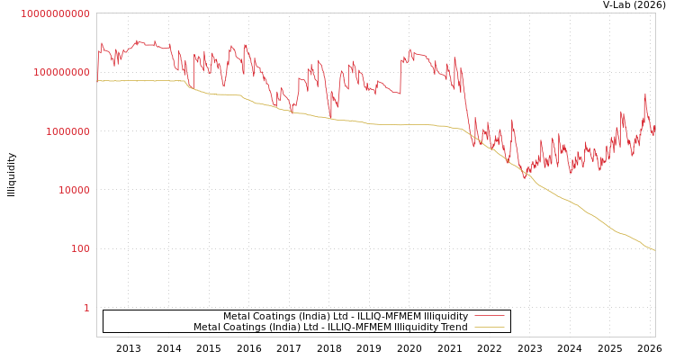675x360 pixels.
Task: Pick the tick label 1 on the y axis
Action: tap(86, 308)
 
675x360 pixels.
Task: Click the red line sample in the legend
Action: tap(489, 317)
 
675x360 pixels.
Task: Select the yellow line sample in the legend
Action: tap(489, 328)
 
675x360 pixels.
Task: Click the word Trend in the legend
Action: tap(453, 328)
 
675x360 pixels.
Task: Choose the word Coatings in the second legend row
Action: tap(243, 328)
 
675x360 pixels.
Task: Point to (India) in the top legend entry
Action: tap(307, 317)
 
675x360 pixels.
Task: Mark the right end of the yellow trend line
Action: tap(654, 250)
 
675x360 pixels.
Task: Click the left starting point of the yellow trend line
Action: tap(97, 81)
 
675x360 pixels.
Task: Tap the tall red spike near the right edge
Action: tap(644, 94)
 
